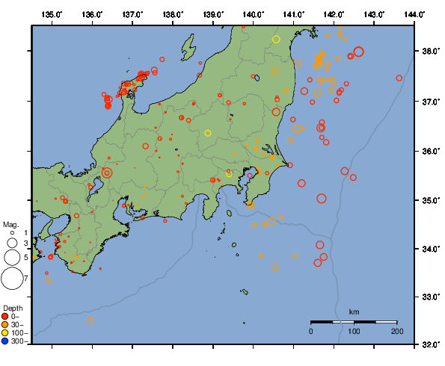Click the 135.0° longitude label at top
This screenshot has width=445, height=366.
tap(52, 14)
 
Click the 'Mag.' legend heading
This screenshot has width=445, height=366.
tap(10, 224)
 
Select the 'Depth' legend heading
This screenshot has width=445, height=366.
tap(12, 308)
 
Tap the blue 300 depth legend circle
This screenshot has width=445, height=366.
tap(6, 341)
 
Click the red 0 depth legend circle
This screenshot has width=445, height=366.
tap(6, 317)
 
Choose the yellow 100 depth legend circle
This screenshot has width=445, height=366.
tap(6, 333)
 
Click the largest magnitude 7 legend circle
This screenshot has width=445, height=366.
tap(11, 279)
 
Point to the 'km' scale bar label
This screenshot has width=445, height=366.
tap(354, 311)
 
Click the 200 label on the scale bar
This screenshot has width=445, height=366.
tap(396, 331)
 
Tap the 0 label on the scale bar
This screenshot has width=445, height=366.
tap(311, 331)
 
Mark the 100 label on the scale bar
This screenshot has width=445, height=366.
tap(354, 331)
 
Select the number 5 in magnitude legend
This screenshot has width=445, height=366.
tap(25, 257)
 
